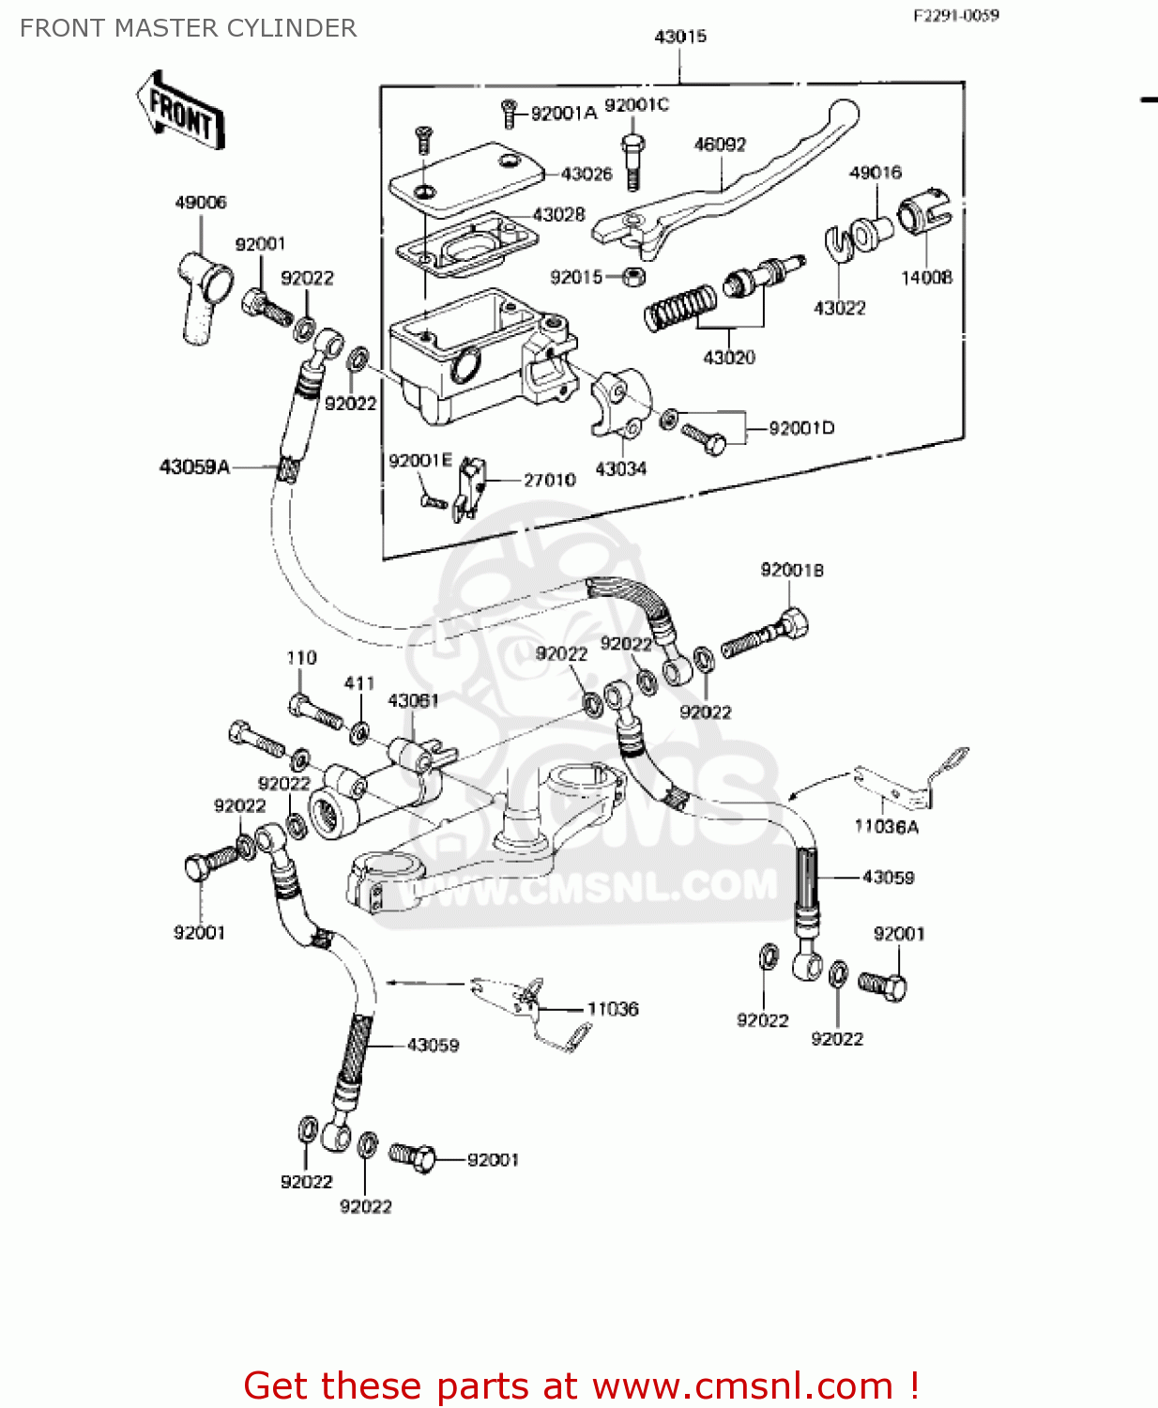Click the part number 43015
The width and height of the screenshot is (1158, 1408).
[680, 37]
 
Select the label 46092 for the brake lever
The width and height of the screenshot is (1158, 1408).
[720, 145]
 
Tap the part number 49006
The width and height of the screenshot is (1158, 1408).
[201, 202]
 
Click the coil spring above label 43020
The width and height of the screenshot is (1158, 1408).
[680, 307]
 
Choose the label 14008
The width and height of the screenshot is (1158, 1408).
[926, 277]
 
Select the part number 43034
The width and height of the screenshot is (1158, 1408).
[620, 468]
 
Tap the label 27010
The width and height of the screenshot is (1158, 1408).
[549, 480]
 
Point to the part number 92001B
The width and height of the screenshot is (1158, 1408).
[792, 570]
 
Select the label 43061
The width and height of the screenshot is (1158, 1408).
[413, 700]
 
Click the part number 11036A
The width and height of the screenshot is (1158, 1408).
[886, 826]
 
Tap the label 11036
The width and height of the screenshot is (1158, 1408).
[613, 1008]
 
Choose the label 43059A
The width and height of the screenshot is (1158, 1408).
[194, 467]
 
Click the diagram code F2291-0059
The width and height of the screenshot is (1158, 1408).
[956, 15]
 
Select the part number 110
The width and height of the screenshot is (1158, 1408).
[301, 658]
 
